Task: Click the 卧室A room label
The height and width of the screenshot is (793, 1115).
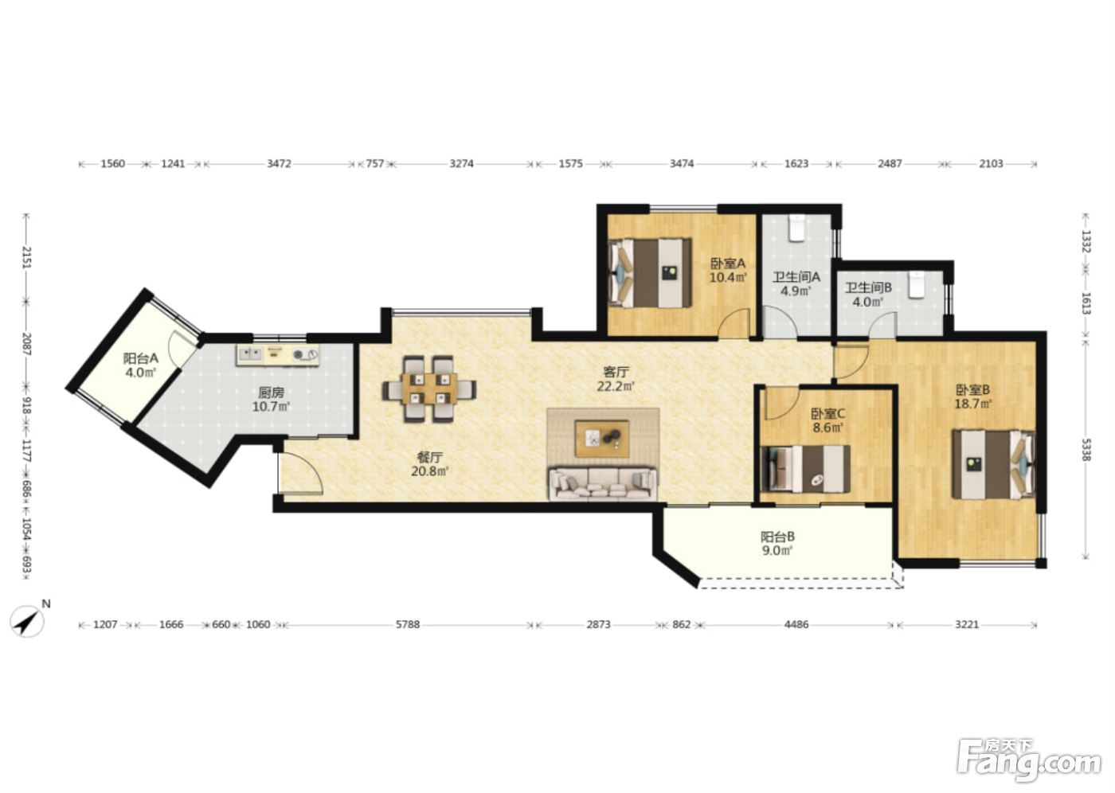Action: tap(727, 264)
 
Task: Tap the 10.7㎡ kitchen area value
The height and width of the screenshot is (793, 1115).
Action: tap(272, 407)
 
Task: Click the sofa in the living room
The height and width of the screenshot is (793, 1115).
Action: tap(603, 483)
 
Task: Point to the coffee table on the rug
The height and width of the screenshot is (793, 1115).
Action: tap(602, 438)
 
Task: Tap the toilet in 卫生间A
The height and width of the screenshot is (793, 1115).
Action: tap(797, 229)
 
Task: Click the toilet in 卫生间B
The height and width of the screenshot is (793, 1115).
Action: tap(916, 285)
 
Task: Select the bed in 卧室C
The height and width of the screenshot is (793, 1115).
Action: tap(805, 469)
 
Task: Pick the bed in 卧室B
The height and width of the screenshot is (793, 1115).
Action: tap(993, 465)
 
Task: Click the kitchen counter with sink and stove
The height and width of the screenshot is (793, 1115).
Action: tap(278, 356)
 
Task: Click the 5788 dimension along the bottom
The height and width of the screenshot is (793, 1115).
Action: tap(408, 624)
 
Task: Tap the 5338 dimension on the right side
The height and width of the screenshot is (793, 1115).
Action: tap(1086, 449)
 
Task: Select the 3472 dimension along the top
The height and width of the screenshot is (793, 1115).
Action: tap(279, 164)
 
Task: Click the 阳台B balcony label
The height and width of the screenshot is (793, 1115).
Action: tap(777, 537)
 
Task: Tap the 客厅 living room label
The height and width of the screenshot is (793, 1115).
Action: tap(615, 372)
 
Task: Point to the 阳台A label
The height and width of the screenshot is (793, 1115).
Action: tap(141, 357)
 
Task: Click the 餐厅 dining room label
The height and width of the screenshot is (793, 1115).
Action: tap(429, 457)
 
